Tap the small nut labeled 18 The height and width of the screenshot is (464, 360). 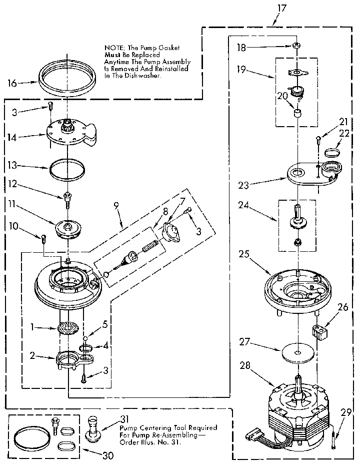point(296,46)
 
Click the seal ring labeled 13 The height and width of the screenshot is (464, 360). point(66,168)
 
